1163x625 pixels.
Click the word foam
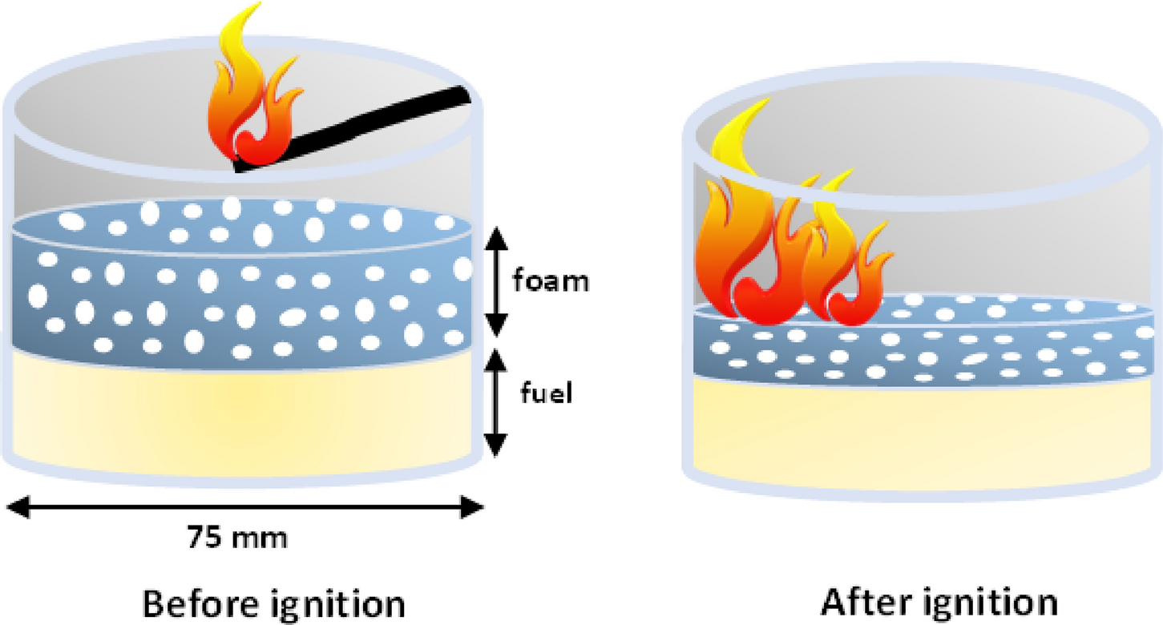click(x=551, y=281)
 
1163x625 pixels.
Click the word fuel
click(x=545, y=395)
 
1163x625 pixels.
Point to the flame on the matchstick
click(x=252, y=96)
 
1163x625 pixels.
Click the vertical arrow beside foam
click(x=498, y=281)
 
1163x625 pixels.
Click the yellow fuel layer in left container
click(x=240, y=413)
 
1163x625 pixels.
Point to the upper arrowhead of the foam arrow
click(x=498, y=235)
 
